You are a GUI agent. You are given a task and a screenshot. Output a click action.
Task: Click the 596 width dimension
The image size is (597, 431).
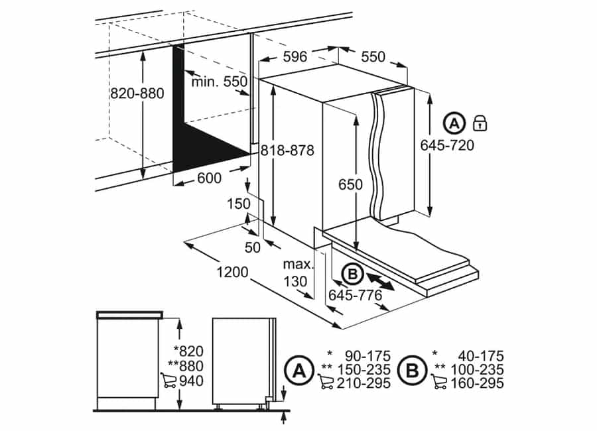pos(295,57)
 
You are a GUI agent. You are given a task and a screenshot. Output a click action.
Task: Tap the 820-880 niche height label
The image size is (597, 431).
pos(137,93)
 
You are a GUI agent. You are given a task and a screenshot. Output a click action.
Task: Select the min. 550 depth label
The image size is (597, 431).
pos(219,82)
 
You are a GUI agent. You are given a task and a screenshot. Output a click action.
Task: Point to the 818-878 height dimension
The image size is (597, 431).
pos(287,151)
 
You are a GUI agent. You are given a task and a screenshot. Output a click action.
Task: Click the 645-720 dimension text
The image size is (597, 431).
pos(447,145)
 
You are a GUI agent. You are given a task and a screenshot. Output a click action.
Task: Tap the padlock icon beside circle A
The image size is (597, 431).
pos(480,123)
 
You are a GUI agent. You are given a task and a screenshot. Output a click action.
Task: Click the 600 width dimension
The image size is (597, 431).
pos(210,178)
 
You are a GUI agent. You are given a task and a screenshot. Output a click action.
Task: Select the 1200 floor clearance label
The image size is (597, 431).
pos(232,272)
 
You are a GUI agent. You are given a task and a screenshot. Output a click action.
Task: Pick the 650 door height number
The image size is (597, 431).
pos(351,184)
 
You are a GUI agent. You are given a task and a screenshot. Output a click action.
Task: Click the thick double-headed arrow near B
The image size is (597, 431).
pos(381,281)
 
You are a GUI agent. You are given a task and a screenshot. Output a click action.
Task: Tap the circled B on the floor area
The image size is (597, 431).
pos(353,274)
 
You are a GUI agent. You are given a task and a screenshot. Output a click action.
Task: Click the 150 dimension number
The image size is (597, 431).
pos(239,204)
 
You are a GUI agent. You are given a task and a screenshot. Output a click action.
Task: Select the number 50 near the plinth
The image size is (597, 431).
pos(253,247)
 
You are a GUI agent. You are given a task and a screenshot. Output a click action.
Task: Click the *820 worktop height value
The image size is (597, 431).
pos(188,351)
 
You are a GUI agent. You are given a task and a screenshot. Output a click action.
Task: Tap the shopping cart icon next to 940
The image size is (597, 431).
pos(168,381)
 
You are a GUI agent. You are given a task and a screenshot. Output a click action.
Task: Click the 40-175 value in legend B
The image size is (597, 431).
pos(481,356)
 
